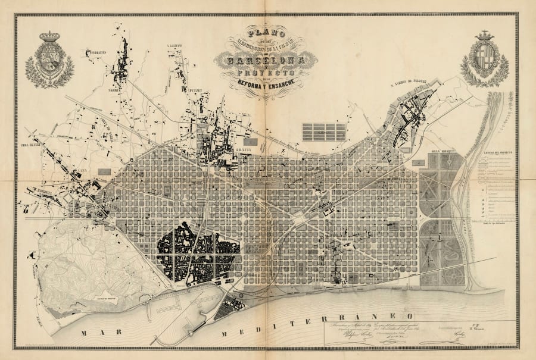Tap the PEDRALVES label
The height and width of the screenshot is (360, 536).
pos(86,52)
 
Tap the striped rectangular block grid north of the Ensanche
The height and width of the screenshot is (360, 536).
pos(324,132)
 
